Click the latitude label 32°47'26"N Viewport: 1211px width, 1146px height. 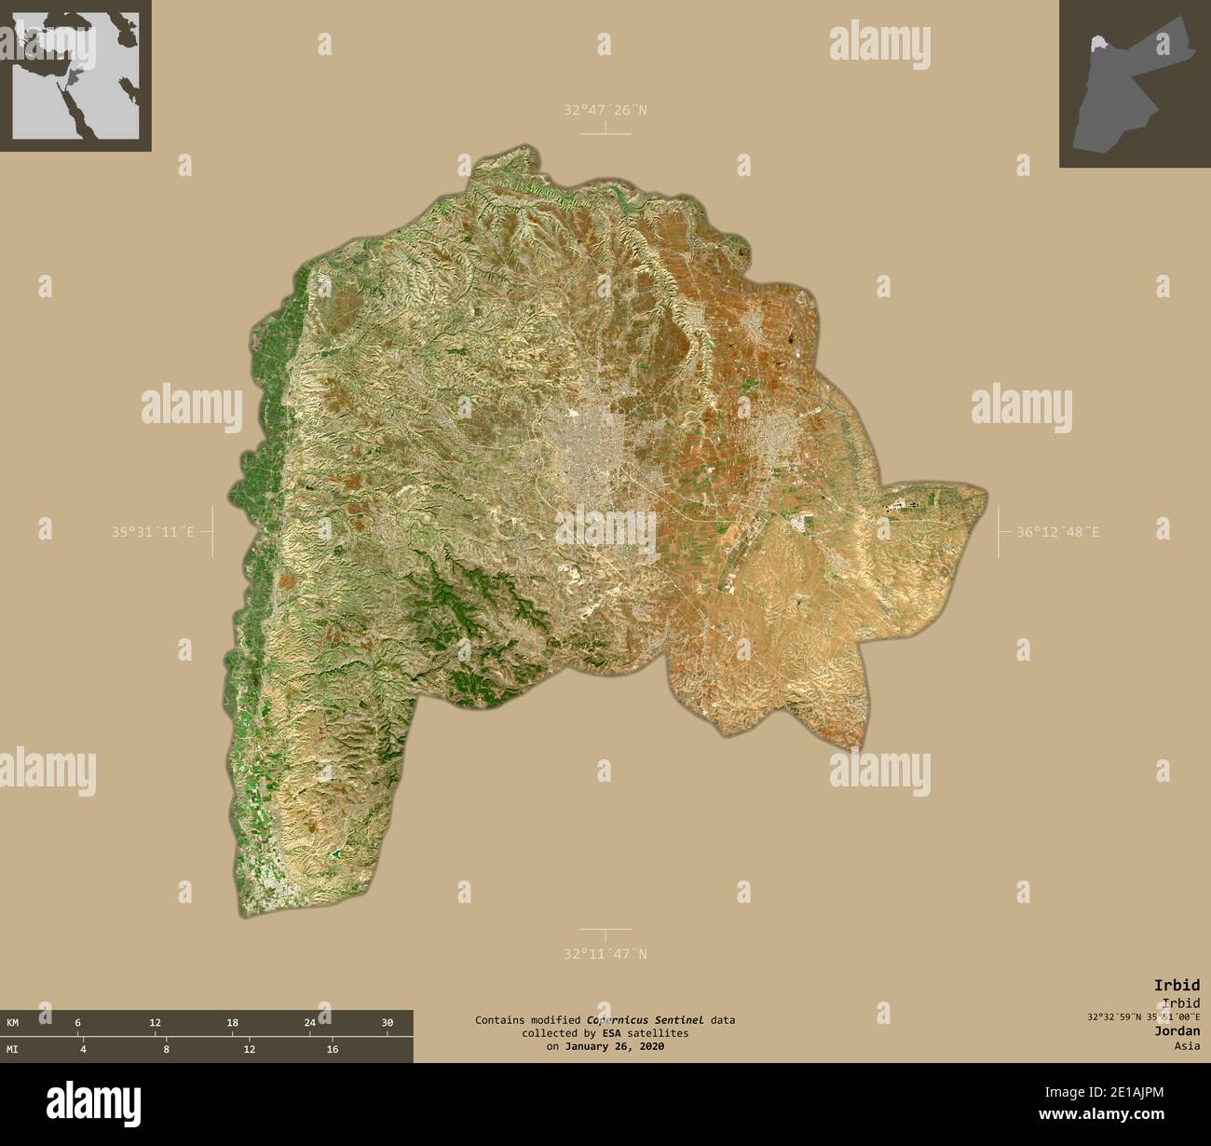(605, 110)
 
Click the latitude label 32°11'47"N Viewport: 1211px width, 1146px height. (605, 953)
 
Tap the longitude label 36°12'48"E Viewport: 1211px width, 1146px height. (1057, 532)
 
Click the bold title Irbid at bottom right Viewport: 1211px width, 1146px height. (1177, 985)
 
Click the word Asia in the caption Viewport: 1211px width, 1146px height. (1187, 1045)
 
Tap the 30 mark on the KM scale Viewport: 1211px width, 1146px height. (388, 1022)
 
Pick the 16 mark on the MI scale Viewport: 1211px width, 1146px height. (331, 1049)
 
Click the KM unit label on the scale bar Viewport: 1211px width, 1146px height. (12, 1022)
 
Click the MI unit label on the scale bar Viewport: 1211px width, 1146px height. (12, 1049)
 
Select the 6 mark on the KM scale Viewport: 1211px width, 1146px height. (77, 1022)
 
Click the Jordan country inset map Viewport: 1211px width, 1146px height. (1134, 84)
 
